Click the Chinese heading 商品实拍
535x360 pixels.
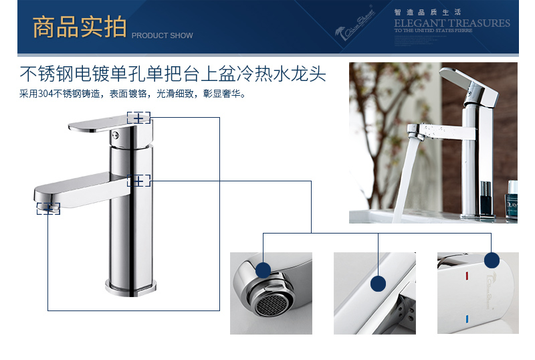click(x=79, y=27)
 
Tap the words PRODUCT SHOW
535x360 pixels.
click(x=162, y=35)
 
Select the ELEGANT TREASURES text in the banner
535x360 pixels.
click(x=451, y=23)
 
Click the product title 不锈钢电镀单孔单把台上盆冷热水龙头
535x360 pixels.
click(x=173, y=73)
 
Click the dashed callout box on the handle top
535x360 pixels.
click(x=138, y=118)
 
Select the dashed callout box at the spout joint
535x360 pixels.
click(x=138, y=180)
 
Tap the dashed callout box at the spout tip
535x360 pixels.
click(x=48, y=209)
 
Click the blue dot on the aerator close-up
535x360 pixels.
click(x=263, y=270)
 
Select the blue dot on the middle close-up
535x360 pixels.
click(x=379, y=284)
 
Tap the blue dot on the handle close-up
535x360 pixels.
click(x=492, y=260)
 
